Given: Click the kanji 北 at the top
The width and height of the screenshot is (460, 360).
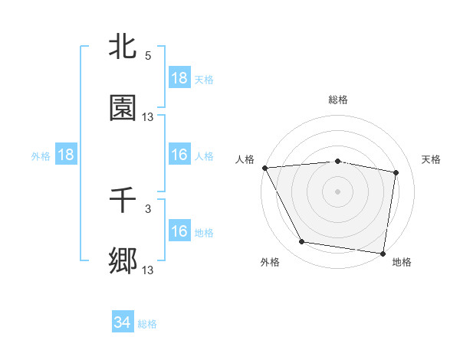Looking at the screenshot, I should pyautogui.click(x=123, y=47).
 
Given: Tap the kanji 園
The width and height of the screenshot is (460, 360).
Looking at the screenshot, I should pyautogui.click(x=123, y=109).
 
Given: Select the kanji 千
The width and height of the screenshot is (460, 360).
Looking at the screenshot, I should pyautogui.click(x=123, y=201).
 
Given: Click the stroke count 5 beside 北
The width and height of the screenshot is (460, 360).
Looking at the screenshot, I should pyautogui.click(x=148, y=55).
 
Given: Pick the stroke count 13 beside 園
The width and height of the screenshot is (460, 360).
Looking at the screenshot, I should pyautogui.click(x=148, y=116).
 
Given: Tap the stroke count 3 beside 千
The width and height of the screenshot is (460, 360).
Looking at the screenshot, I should pyautogui.click(x=148, y=208).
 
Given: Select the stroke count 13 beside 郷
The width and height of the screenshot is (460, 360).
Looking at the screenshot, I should pyautogui.click(x=148, y=270).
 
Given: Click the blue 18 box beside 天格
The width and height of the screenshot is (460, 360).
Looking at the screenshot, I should pyautogui.click(x=179, y=78).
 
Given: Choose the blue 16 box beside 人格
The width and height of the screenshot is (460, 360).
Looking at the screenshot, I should pyautogui.click(x=179, y=155).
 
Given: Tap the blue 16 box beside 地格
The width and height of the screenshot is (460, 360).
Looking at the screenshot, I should pyautogui.click(x=179, y=231).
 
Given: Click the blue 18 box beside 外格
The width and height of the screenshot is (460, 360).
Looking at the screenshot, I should pyautogui.click(x=66, y=155).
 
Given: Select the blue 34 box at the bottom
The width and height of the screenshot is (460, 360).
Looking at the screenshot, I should pyautogui.click(x=123, y=323).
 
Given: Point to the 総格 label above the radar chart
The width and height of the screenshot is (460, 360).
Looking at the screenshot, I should pyautogui.click(x=338, y=100).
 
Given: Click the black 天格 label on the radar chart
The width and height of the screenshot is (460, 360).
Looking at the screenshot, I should pyautogui.click(x=432, y=159).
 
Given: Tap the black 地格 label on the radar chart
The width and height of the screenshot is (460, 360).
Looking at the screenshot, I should pyautogui.click(x=402, y=262).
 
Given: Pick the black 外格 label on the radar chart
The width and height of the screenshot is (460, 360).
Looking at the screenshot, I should pyautogui.click(x=270, y=262).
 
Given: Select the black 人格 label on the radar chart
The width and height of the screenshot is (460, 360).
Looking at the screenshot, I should pyautogui.click(x=245, y=159).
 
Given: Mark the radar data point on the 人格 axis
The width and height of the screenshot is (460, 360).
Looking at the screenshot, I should pyautogui.click(x=264, y=168).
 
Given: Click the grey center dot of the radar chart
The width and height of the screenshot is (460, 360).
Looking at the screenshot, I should pyautogui.click(x=338, y=191).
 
